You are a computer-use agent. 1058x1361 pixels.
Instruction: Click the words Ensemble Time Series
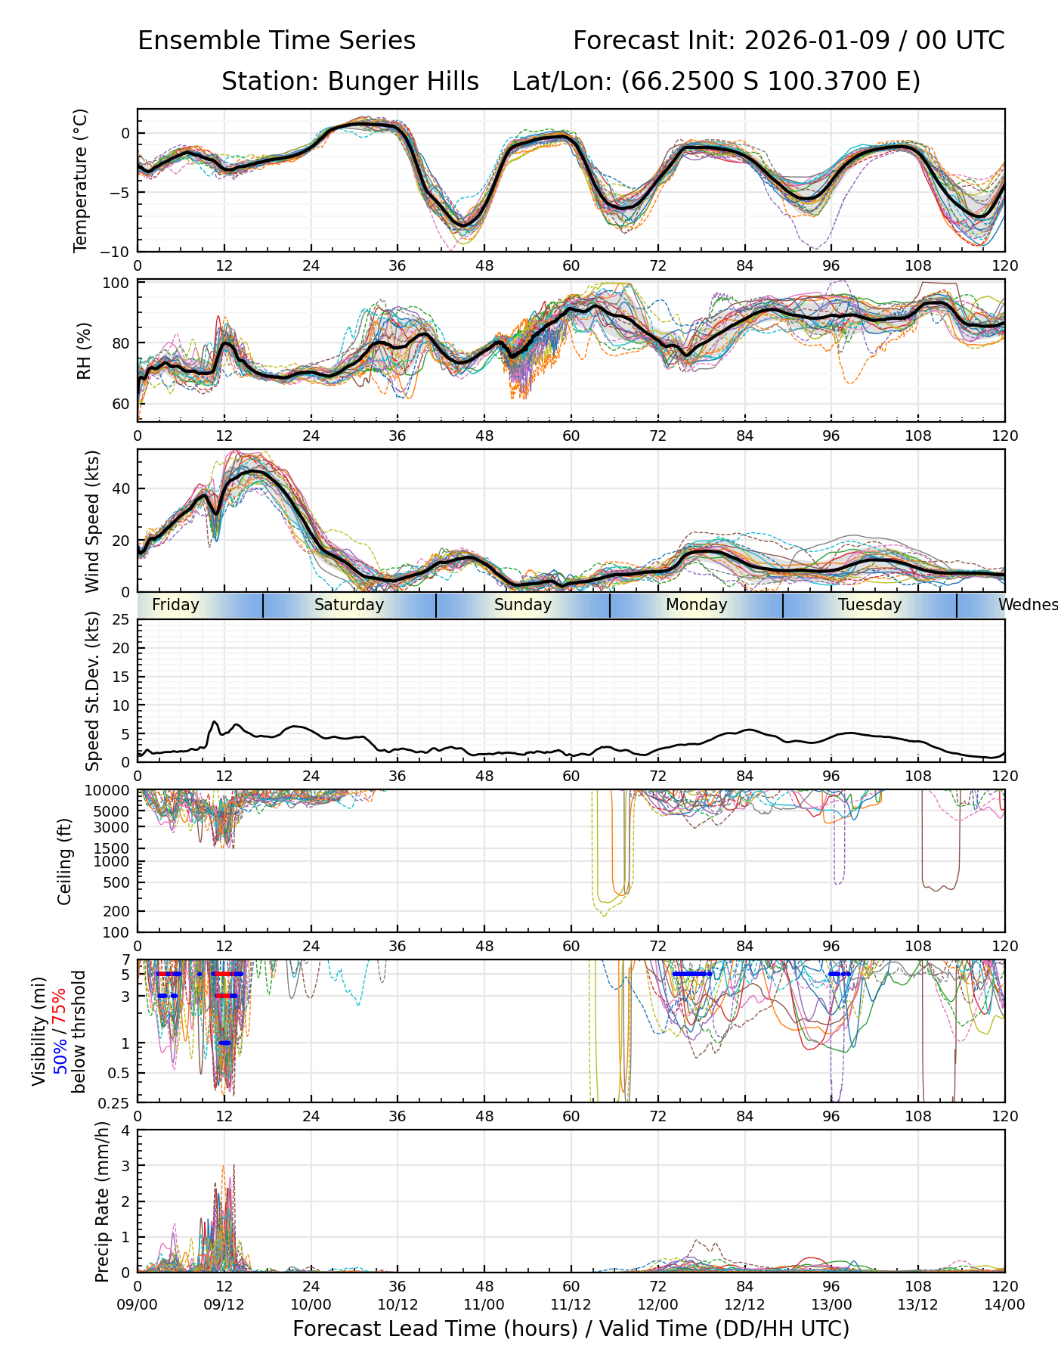click(277, 41)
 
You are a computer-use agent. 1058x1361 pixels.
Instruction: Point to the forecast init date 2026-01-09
click(815, 41)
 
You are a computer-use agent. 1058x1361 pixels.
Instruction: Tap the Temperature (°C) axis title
click(81, 180)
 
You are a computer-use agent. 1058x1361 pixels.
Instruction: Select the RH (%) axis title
click(84, 350)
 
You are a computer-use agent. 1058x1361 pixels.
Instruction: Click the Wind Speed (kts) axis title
click(92, 521)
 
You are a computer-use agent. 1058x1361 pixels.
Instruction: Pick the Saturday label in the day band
click(349, 605)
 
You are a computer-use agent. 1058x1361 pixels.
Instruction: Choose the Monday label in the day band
click(696, 605)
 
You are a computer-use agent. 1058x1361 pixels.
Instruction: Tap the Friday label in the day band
click(175, 605)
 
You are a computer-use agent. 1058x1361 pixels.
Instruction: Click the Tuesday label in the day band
click(870, 605)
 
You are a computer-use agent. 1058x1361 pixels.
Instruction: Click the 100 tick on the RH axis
click(119, 284)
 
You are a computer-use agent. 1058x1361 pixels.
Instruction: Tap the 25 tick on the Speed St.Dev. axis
click(122, 620)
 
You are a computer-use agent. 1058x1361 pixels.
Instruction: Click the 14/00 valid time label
click(1004, 1304)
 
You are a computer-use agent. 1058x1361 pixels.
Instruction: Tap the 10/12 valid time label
click(398, 1304)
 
